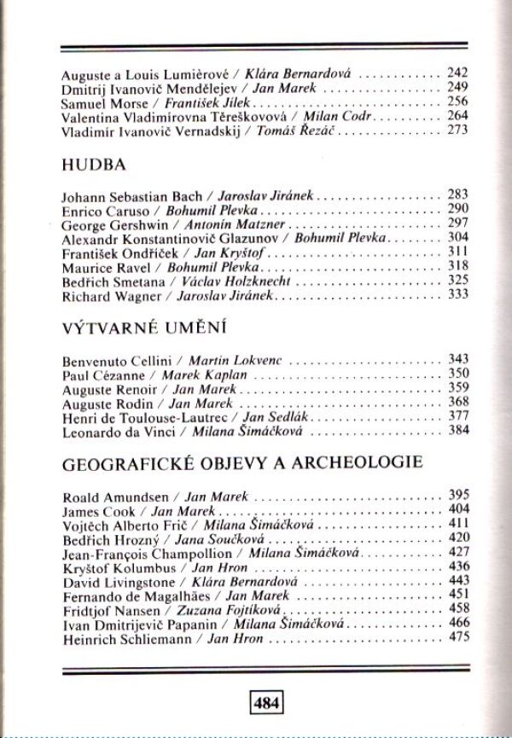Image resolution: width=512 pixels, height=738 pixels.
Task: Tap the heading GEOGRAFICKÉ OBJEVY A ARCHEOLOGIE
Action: tap(243, 464)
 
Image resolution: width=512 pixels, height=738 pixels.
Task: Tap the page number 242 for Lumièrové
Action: tap(458, 74)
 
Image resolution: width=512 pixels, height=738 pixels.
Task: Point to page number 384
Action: tap(458, 432)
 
